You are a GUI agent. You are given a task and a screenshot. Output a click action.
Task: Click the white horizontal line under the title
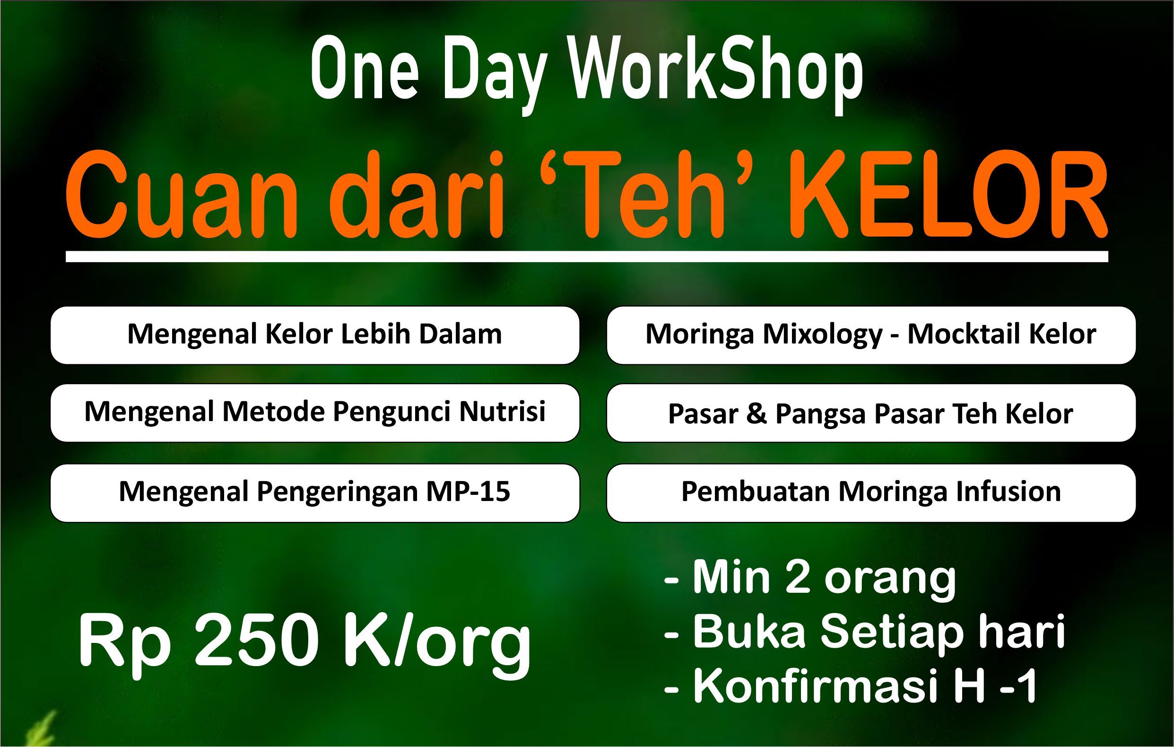(587, 256)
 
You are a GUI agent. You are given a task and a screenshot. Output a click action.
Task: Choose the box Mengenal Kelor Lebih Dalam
(315, 335)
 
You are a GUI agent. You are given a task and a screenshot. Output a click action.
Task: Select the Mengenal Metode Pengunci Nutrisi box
(315, 413)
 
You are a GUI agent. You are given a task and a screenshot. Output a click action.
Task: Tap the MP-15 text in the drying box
(468, 491)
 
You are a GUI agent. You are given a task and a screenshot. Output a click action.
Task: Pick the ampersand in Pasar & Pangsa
(756, 414)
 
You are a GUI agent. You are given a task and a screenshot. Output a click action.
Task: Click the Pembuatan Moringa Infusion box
(871, 493)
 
